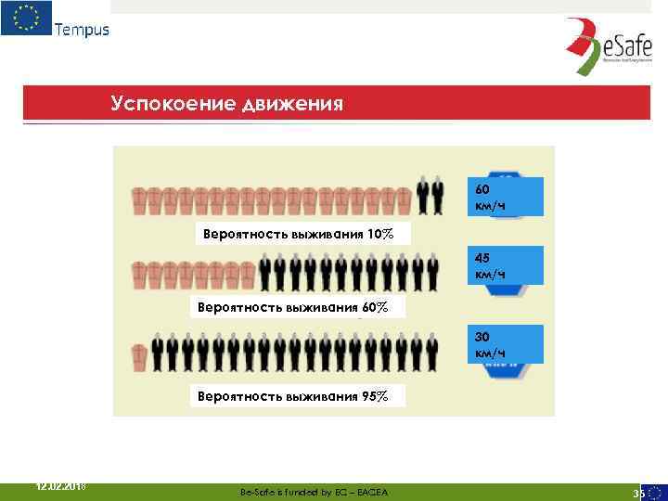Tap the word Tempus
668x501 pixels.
coord(82,29)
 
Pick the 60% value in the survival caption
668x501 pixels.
coord(372,307)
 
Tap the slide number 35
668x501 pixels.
coord(639,492)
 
